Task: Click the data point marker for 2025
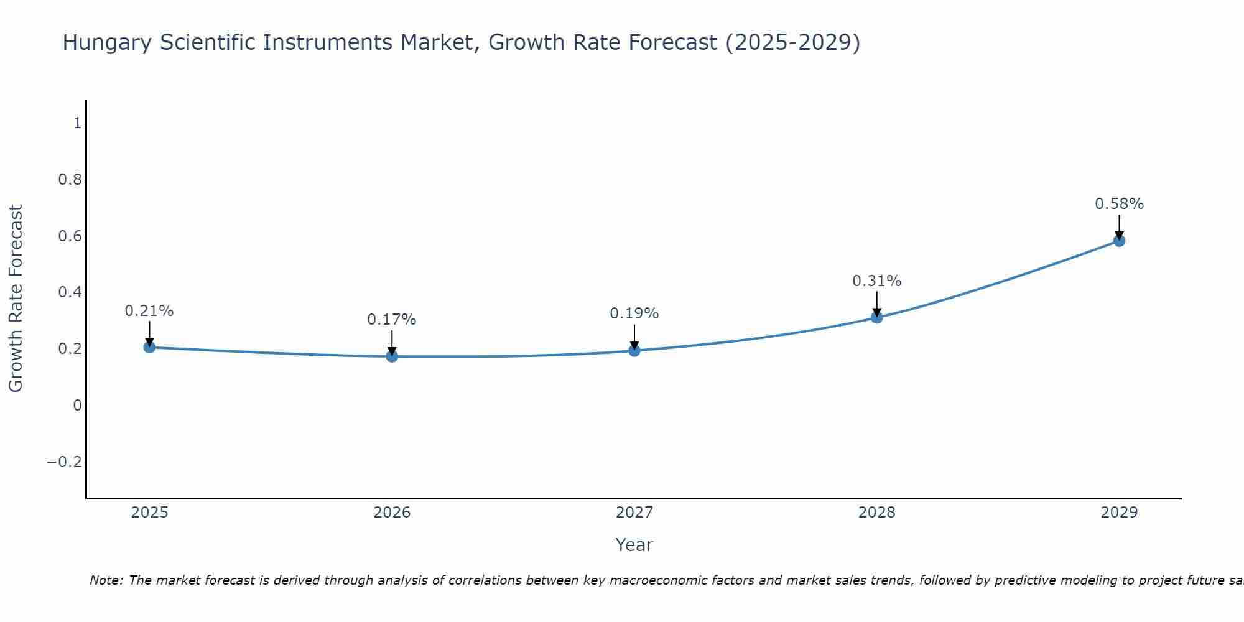(x=149, y=347)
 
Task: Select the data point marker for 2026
(x=392, y=356)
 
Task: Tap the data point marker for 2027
(x=634, y=351)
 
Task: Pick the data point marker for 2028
(x=877, y=317)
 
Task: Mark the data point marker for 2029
(x=1119, y=241)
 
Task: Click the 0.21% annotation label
(x=149, y=311)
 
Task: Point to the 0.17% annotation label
(x=392, y=320)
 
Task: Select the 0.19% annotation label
(x=634, y=313)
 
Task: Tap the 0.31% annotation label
(x=877, y=281)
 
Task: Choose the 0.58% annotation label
(x=1119, y=204)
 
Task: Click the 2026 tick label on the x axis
(x=392, y=513)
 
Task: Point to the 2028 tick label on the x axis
(x=877, y=513)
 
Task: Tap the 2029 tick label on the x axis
(x=1119, y=513)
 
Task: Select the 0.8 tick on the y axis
(x=70, y=180)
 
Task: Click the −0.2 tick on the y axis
(x=64, y=462)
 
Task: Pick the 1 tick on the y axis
(x=77, y=123)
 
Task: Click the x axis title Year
(x=634, y=545)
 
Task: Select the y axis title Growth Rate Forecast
(x=16, y=299)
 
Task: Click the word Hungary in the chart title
(x=107, y=43)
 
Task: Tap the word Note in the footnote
(x=106, y=580)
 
